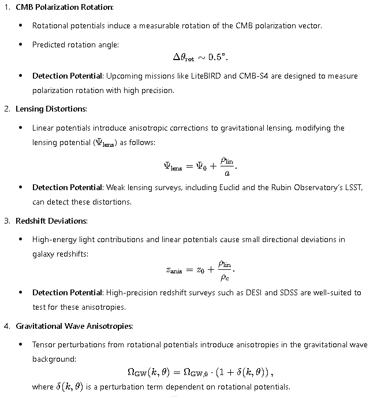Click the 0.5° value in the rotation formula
tap(223, 58)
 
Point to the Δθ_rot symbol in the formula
tap(184, 58)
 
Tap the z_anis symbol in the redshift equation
tap(176, 270)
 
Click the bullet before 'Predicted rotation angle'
tap(21, 44)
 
